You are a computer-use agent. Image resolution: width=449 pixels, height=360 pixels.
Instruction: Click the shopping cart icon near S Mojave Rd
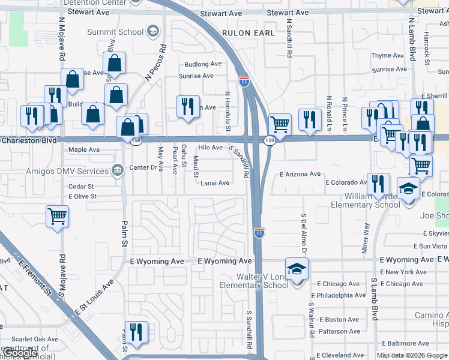[x=57, y=216]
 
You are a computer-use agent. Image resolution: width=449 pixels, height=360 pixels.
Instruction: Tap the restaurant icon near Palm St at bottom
[x=137, y=332]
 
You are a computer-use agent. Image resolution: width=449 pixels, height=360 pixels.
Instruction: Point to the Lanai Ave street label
[x=215, y=183]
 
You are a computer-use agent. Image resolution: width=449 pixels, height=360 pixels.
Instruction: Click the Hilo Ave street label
[x=211, y=147]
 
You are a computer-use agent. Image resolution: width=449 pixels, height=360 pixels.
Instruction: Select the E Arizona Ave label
[x=300, y=174]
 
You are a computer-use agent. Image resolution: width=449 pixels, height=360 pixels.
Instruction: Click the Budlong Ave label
[x=203, y=64]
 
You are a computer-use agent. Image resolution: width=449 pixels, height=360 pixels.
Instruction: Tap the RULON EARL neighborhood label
[x=248, y=33]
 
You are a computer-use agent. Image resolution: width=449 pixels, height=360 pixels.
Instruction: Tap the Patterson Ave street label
[x=340, y=331]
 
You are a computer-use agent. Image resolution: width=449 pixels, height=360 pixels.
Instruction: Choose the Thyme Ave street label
[x=389, y=56]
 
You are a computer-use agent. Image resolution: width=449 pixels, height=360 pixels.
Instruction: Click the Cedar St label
[x=82, y=187]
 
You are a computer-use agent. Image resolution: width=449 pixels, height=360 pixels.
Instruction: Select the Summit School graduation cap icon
[x=152, y=31]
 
